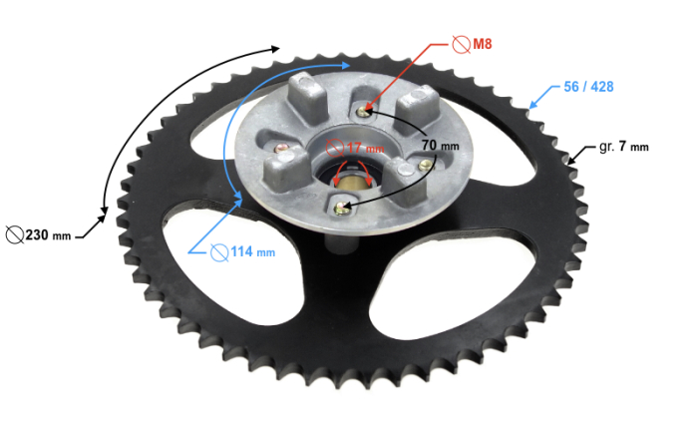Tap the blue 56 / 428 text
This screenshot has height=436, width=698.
point(588,87)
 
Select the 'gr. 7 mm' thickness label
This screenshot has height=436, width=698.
point(623,147)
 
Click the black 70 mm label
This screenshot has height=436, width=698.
point(440,146)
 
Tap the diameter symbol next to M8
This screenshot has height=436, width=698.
point(462,44)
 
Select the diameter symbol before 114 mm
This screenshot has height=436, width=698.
point(220,252)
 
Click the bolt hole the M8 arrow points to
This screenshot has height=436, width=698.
point(368,109)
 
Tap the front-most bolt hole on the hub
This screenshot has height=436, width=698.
point(343,208)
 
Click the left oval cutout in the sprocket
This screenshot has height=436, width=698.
point(207,228)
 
